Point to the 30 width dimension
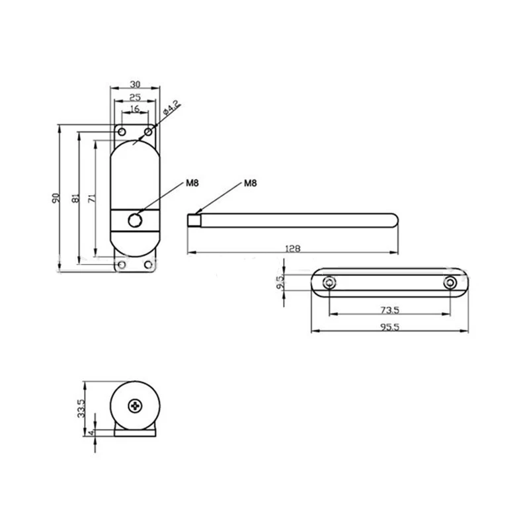(x=135, y=84)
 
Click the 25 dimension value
(x=135, y=97)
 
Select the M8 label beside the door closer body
(x=192, y=183)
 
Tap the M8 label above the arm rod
(x=250, y=183)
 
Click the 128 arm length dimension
(x=292, y=249)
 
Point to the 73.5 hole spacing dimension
(x=389, y=309)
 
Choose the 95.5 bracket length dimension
(x=389, y=326)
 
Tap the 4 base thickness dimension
(x=91, y=434)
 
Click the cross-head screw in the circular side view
(x=136, y=405)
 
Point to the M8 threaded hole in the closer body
(x=136, y=220)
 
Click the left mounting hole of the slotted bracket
(x=329, y=283)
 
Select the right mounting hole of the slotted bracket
(x=450, y=283)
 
